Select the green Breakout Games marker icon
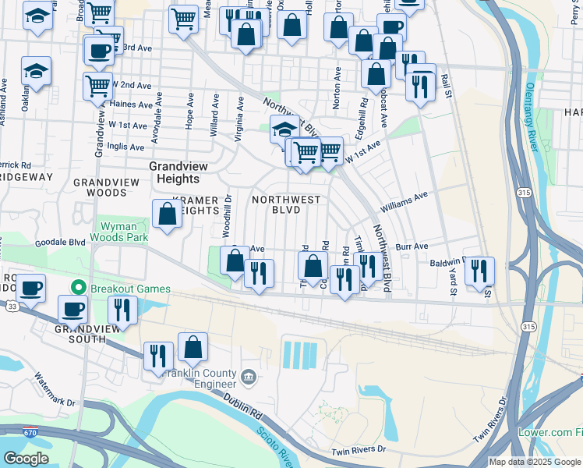tap(77, 289)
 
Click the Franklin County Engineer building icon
tap(248, 378)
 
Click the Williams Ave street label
tap(405, 202)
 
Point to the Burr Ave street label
tap(412, 246)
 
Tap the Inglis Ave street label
tap(126, 147)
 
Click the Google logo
tap(25, 459)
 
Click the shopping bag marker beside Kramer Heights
tap(168, 214)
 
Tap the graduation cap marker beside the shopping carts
tap(284, 129)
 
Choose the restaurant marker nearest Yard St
tap(479, 271)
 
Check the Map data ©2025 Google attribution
tap(535, 462)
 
